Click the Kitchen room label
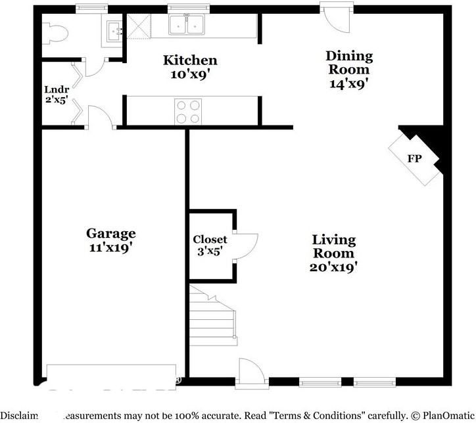(190, 61)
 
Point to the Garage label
(111, 233)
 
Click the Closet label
(210, 240)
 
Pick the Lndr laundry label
(56, 89)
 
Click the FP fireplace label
(414, 159)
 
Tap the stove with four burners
(188, 111)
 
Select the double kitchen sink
(187, 25)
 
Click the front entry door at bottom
(252, 372)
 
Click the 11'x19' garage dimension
(111, 248)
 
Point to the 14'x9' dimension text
(349, 83)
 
